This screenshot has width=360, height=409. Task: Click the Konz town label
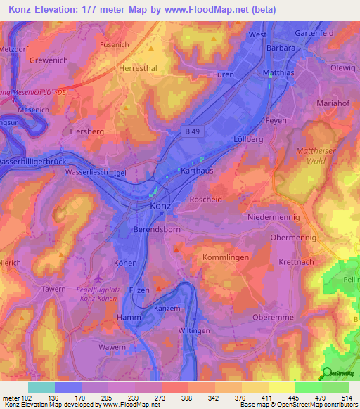click(160, 207)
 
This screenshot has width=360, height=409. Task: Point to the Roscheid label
click(206, 199)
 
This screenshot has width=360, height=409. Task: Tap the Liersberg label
click(87, 131)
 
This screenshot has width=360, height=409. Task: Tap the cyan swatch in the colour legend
click(41, 387)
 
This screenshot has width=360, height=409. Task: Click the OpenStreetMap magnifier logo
click(327, 374)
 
